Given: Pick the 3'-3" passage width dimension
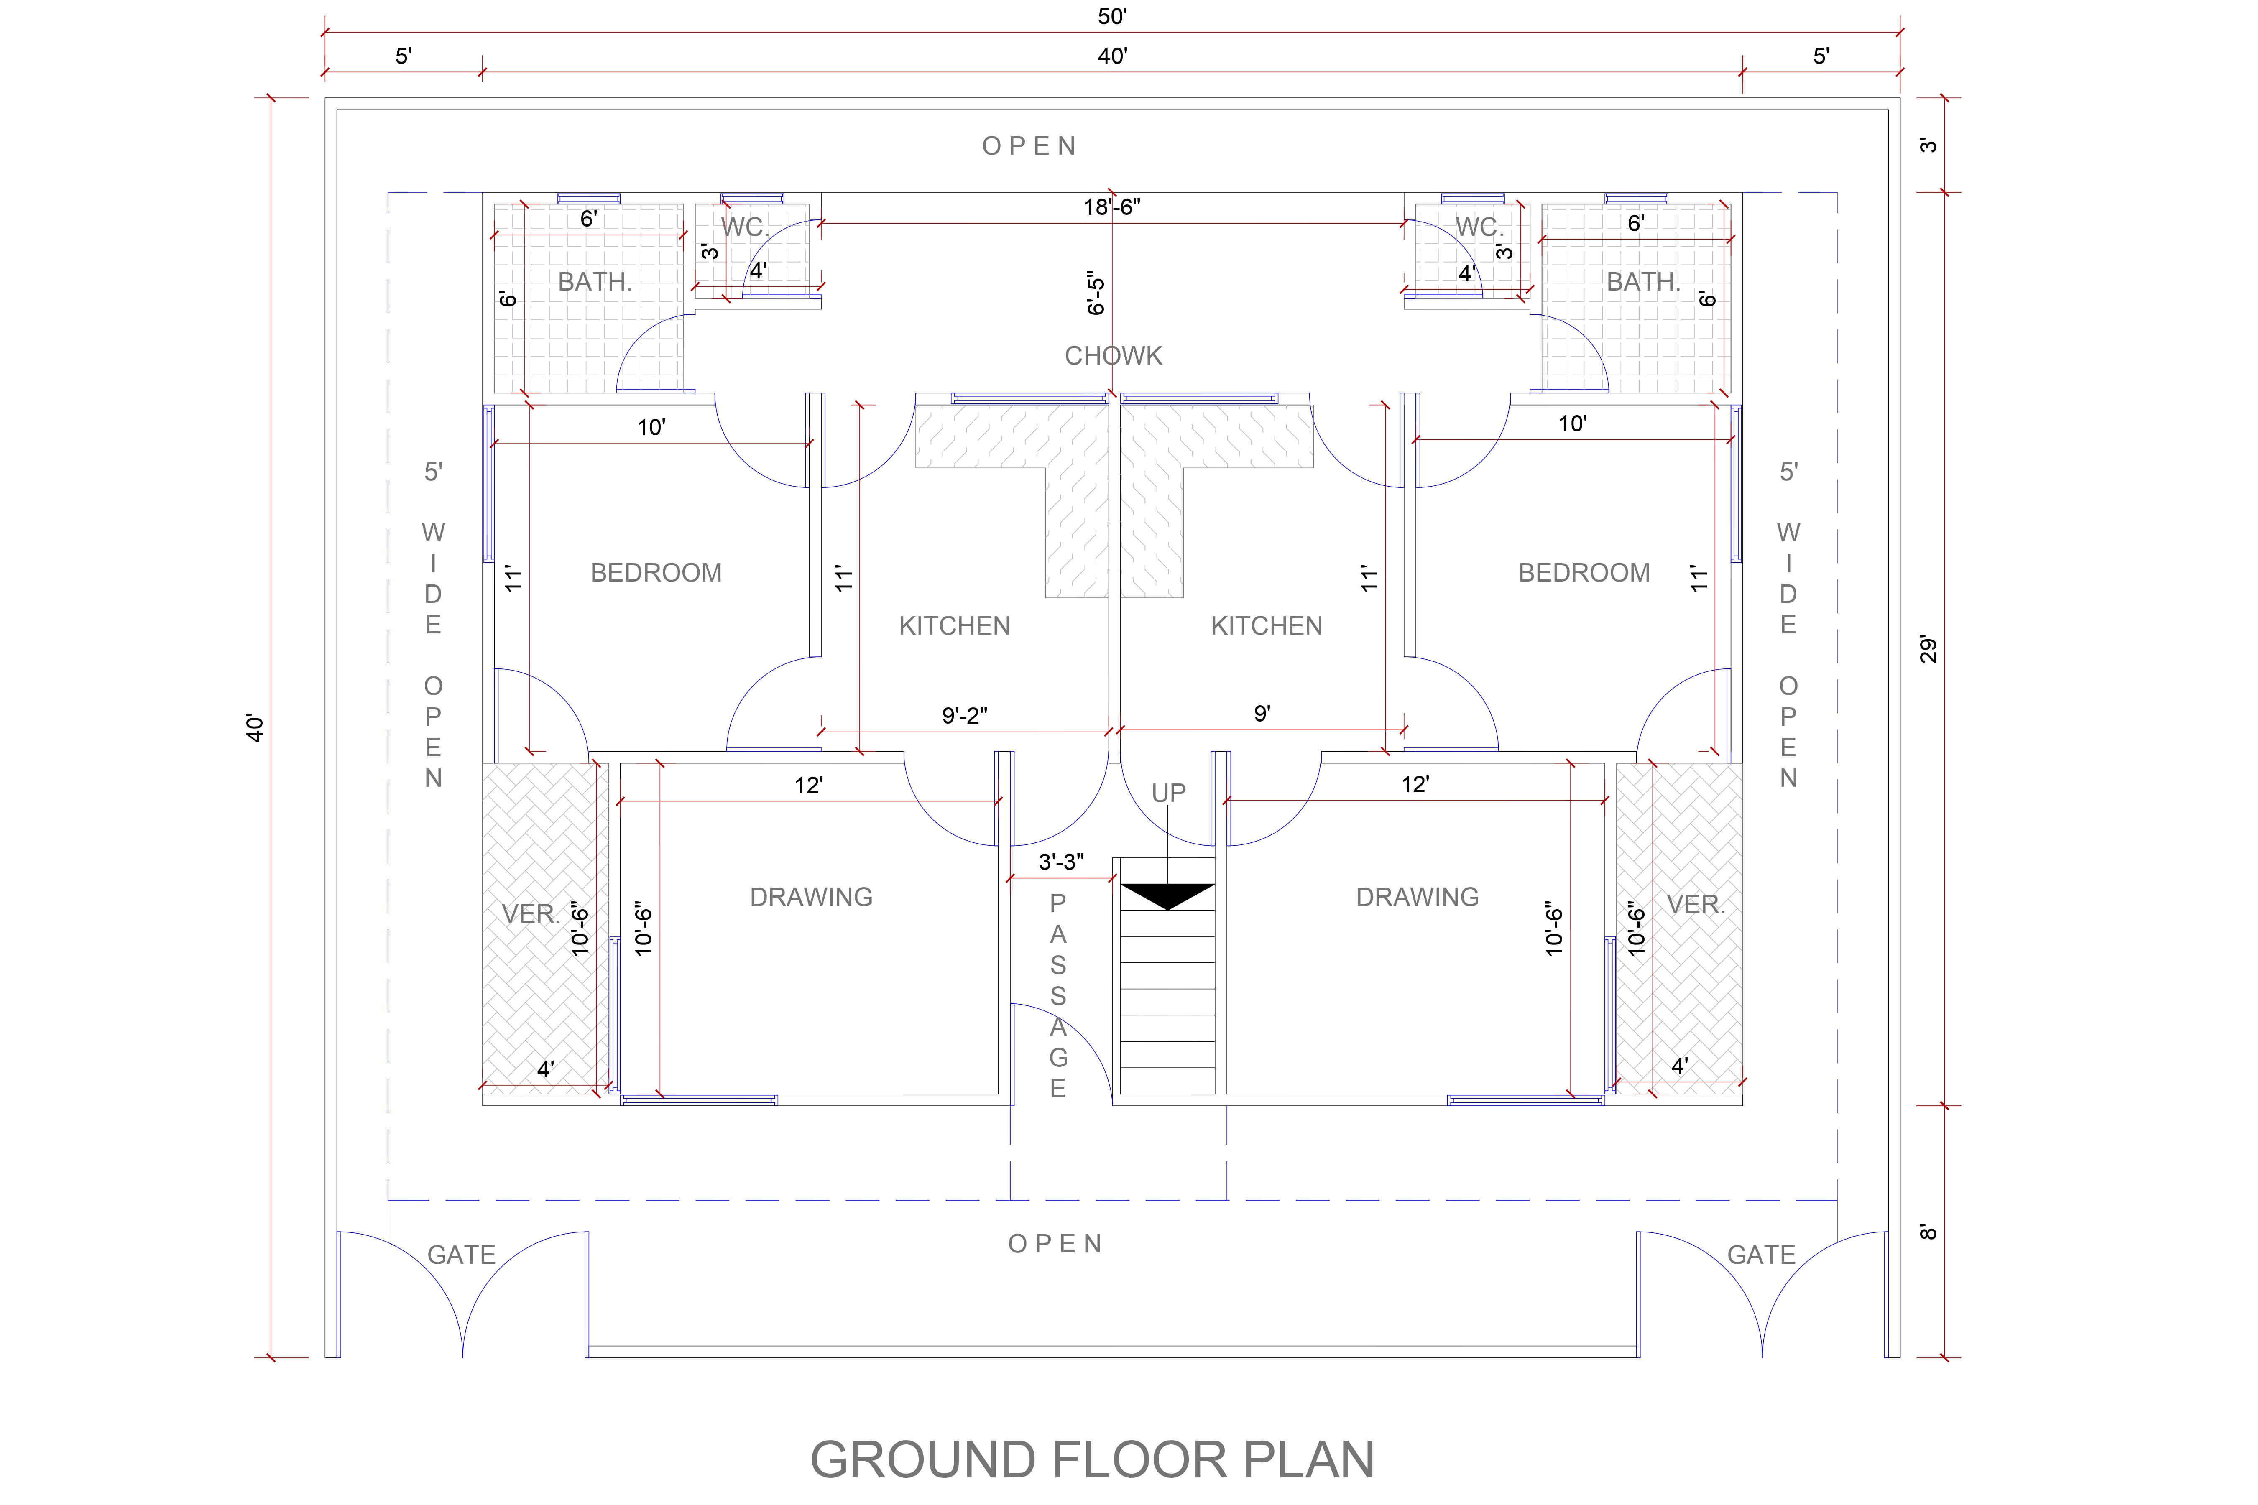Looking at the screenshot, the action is pyautogui.click(x=1062, y=862).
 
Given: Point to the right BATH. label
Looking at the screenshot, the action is pyautogui.click(x=1644, y=282).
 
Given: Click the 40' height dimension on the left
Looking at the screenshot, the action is pyautogui.click(x=254, y=727).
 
